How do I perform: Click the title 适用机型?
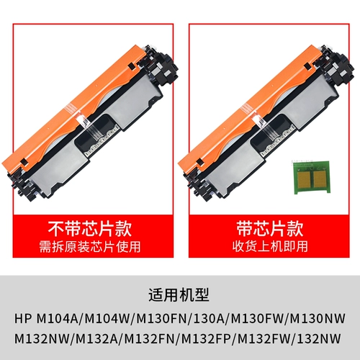click(x=179, y=294)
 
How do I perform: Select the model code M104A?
click(x=59, y=318)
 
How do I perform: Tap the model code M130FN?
click(x=160, y=318)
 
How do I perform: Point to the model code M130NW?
click(x=318, y=318)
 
